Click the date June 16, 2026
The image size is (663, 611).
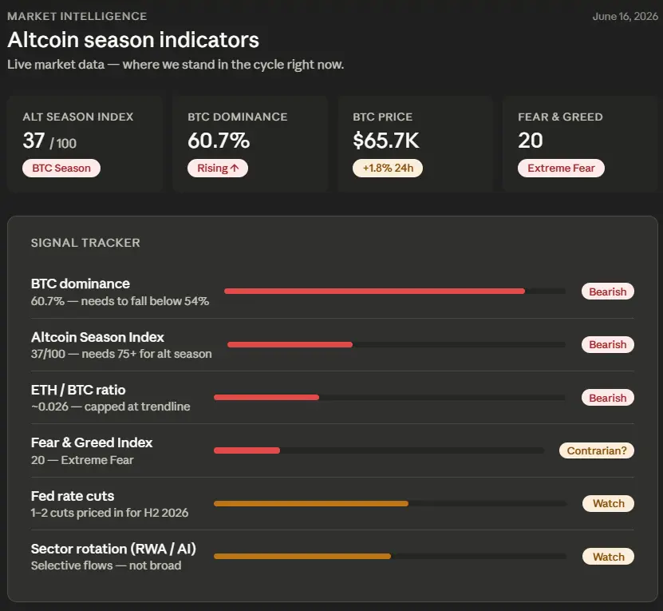pyautogui.click(x=625, y=17)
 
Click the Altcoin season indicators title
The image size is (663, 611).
pyautogui.click(x=133, y=40)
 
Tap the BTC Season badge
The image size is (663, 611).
pyautogui.click(x=61, y=168)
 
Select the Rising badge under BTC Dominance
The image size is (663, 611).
pyautogui.click(x=218, y=168)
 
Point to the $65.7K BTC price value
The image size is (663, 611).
pyautogui.click(x=386, y=141)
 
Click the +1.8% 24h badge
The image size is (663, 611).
pyautogui.click(x=388, y=168)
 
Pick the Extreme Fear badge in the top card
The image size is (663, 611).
pyautogui.click(x=561, y=168)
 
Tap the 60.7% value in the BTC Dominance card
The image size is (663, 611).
pyautogui.click(x=219, y=141)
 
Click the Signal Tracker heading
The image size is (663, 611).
pyautogui.click(x=85, y=243)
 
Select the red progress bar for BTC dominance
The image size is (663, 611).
pyautogui.click(x=375, y=292)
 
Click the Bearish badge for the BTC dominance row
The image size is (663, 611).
pyautogui.click(x=608, y=292)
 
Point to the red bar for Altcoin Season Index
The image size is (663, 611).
pyautogui.click(x=290, y=345)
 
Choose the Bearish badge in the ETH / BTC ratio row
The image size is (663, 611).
pyautogui.click(x=608, y=398)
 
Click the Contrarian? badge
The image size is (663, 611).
pyautogui.click(x=597, y=450)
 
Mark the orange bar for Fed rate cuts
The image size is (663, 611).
pyautogui.click(x=311, y=503)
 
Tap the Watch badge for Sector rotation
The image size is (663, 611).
pyautogui.click(x=609, y=557)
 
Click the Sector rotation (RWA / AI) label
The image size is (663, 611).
pyautogui.click(x=113, y=549)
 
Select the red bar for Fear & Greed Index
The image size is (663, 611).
pyautogui.click(x=247, y=450)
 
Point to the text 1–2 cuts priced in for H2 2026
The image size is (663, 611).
pyautogui.click(x=109, y=513)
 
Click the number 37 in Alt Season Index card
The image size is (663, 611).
pyautogui.click(x=34, y=141)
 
